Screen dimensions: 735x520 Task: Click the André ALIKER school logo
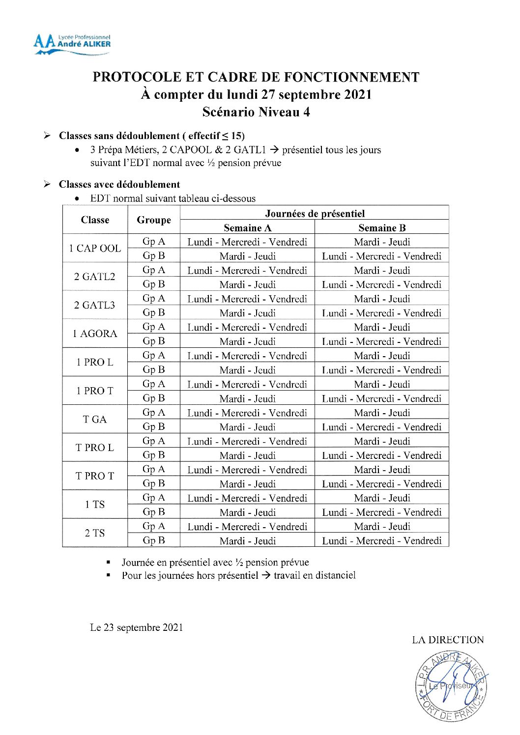[72, 44]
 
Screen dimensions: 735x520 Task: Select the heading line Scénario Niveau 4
[256, 112]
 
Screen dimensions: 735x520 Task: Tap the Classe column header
[95, 220]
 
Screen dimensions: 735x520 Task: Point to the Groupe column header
[154, 220]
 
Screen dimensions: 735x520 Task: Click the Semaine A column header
[247, 227]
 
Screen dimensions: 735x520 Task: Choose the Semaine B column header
[382, 227]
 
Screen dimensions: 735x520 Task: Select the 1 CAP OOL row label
[95, 248]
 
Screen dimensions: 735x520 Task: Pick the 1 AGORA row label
[95, 334]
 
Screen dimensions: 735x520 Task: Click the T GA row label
[95, 419]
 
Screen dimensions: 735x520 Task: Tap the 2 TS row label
[95, 533]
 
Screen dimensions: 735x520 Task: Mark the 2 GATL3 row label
[95, 305]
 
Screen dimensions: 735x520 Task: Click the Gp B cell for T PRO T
[154, 483]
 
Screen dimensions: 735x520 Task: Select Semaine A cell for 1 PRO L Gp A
[247, 356]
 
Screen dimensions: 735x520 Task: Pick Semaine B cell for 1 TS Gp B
[382, 512]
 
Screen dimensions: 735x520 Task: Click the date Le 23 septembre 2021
[137, 627]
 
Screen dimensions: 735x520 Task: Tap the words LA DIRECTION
[448, 640]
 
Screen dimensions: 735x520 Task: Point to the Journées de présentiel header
[315, 213]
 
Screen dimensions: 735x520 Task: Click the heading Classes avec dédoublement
[119, 184]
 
